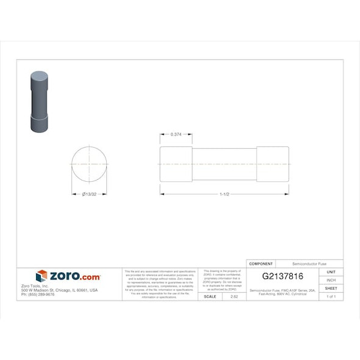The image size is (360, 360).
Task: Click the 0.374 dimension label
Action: tap(176, 134)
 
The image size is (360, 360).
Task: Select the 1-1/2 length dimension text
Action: tap(225, 195)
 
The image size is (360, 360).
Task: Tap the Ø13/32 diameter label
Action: tap(90, 195)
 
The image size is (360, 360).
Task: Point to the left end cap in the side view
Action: tap(176, 164)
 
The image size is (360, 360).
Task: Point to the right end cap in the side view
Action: tap(273, 164)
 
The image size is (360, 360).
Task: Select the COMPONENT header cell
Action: tap(261, 264)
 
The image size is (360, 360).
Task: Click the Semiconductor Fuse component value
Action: tap(309, 264)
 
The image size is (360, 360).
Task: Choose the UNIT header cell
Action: tap(331, 272)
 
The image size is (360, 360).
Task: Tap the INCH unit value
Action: tap(331, 279)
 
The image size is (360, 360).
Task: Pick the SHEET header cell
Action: tap(331, 288)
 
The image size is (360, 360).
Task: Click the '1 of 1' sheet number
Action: tap(331, 296)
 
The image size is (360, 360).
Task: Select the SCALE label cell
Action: tap(209, 296)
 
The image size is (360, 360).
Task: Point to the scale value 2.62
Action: tap(234, 296)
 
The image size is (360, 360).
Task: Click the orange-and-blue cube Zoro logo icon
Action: tap(41, 276)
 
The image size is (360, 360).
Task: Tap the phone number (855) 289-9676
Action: tap(38, 294)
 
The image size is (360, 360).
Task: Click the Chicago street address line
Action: tap(59, 290)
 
